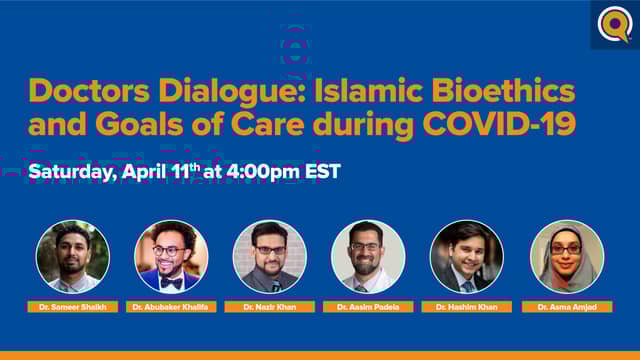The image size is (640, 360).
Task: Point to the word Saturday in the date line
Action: [72, 171]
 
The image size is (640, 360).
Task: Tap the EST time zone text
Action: [323, 171]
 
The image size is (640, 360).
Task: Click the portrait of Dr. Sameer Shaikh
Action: [73, 256]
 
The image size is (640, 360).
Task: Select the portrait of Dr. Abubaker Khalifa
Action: [171, 256]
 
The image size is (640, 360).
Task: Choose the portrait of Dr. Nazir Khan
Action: [270, 256]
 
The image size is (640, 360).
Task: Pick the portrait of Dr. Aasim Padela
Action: [368, 256]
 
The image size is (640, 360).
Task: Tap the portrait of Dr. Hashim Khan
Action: [467, 256]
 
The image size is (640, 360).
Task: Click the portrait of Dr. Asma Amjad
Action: [566, 256]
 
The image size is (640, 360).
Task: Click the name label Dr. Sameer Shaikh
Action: [73, 307]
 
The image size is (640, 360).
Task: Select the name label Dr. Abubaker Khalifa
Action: [171, 307]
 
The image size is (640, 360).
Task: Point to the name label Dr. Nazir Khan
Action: [270, 307]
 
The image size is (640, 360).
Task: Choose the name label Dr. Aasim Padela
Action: [368, 307]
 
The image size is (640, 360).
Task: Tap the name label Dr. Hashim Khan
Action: [467, 307]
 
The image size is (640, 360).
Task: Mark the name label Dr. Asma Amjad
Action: [566, 307]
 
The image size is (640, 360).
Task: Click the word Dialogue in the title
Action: [210, 92]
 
